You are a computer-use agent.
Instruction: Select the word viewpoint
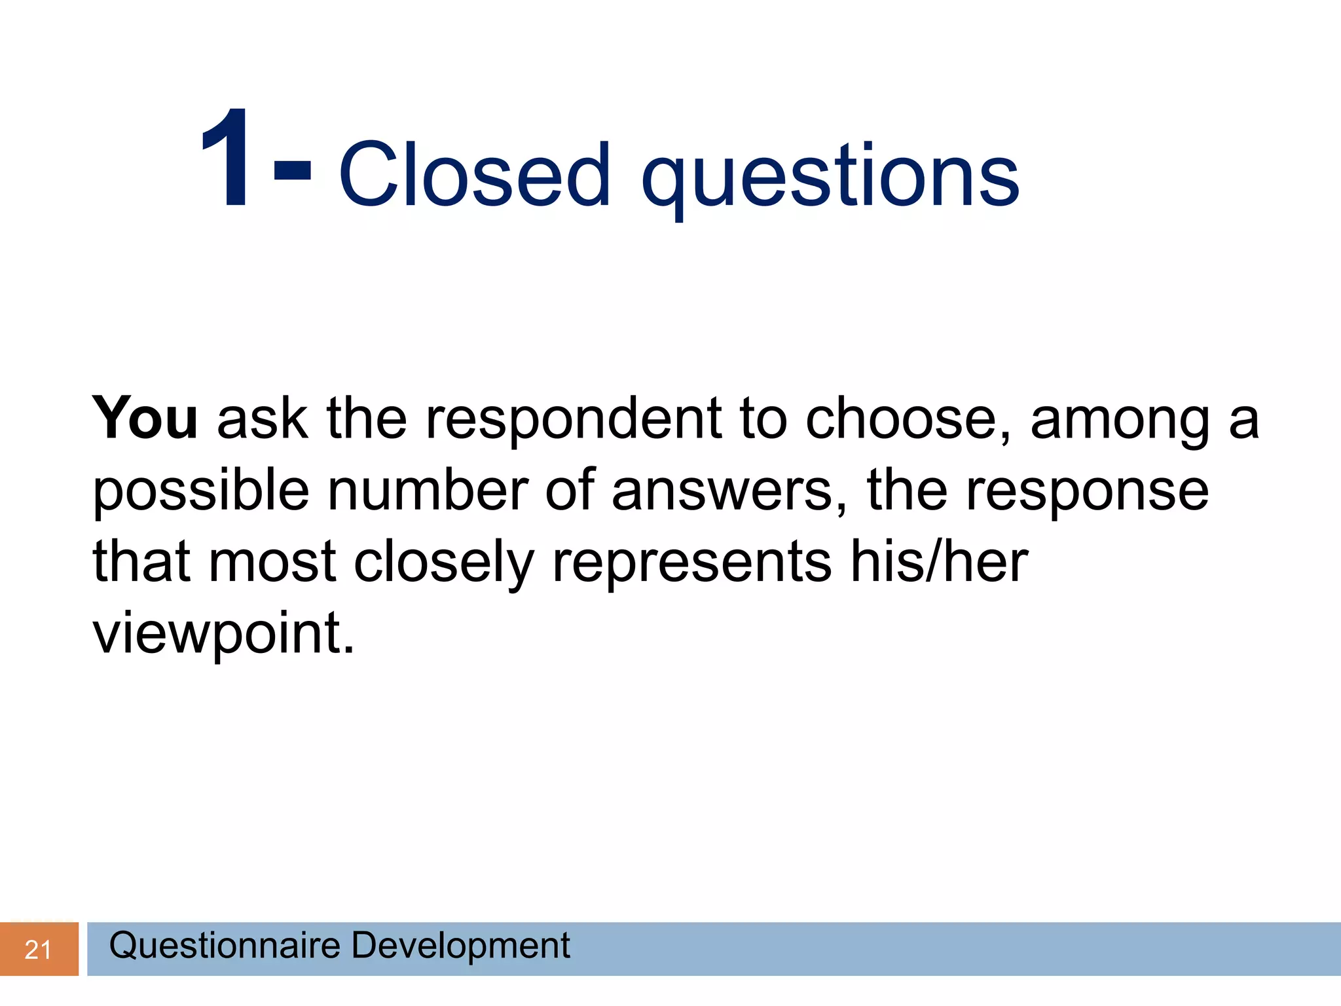pyautogui.click(x=223, y=634)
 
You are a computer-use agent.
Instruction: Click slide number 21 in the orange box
pyautogui.click(x=38, y=950)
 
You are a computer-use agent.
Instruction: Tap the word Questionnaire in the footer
pyautogui.click(x=225, y=946)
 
